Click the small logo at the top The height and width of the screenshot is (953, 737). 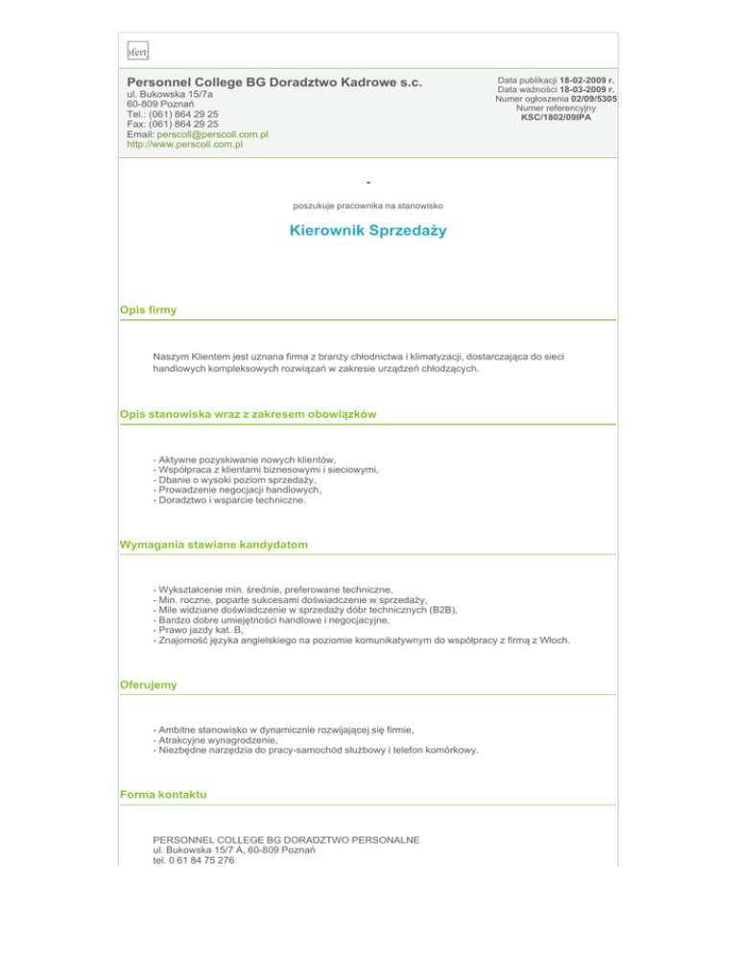(x=139, y=50)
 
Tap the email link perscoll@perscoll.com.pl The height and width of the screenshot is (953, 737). (x=212, y=134)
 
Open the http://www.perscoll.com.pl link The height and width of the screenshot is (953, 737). (x=185, y=145)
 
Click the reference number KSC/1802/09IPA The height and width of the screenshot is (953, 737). (x=557, y=118)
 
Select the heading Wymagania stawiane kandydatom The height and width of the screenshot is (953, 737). (x=214, y=545)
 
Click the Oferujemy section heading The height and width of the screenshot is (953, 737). (x=149, y=686)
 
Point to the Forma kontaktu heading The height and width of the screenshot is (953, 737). (x=162, y=796)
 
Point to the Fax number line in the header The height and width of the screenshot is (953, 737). (x=173, y=124)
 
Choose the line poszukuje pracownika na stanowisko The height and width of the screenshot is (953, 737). (x=368, y=204)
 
